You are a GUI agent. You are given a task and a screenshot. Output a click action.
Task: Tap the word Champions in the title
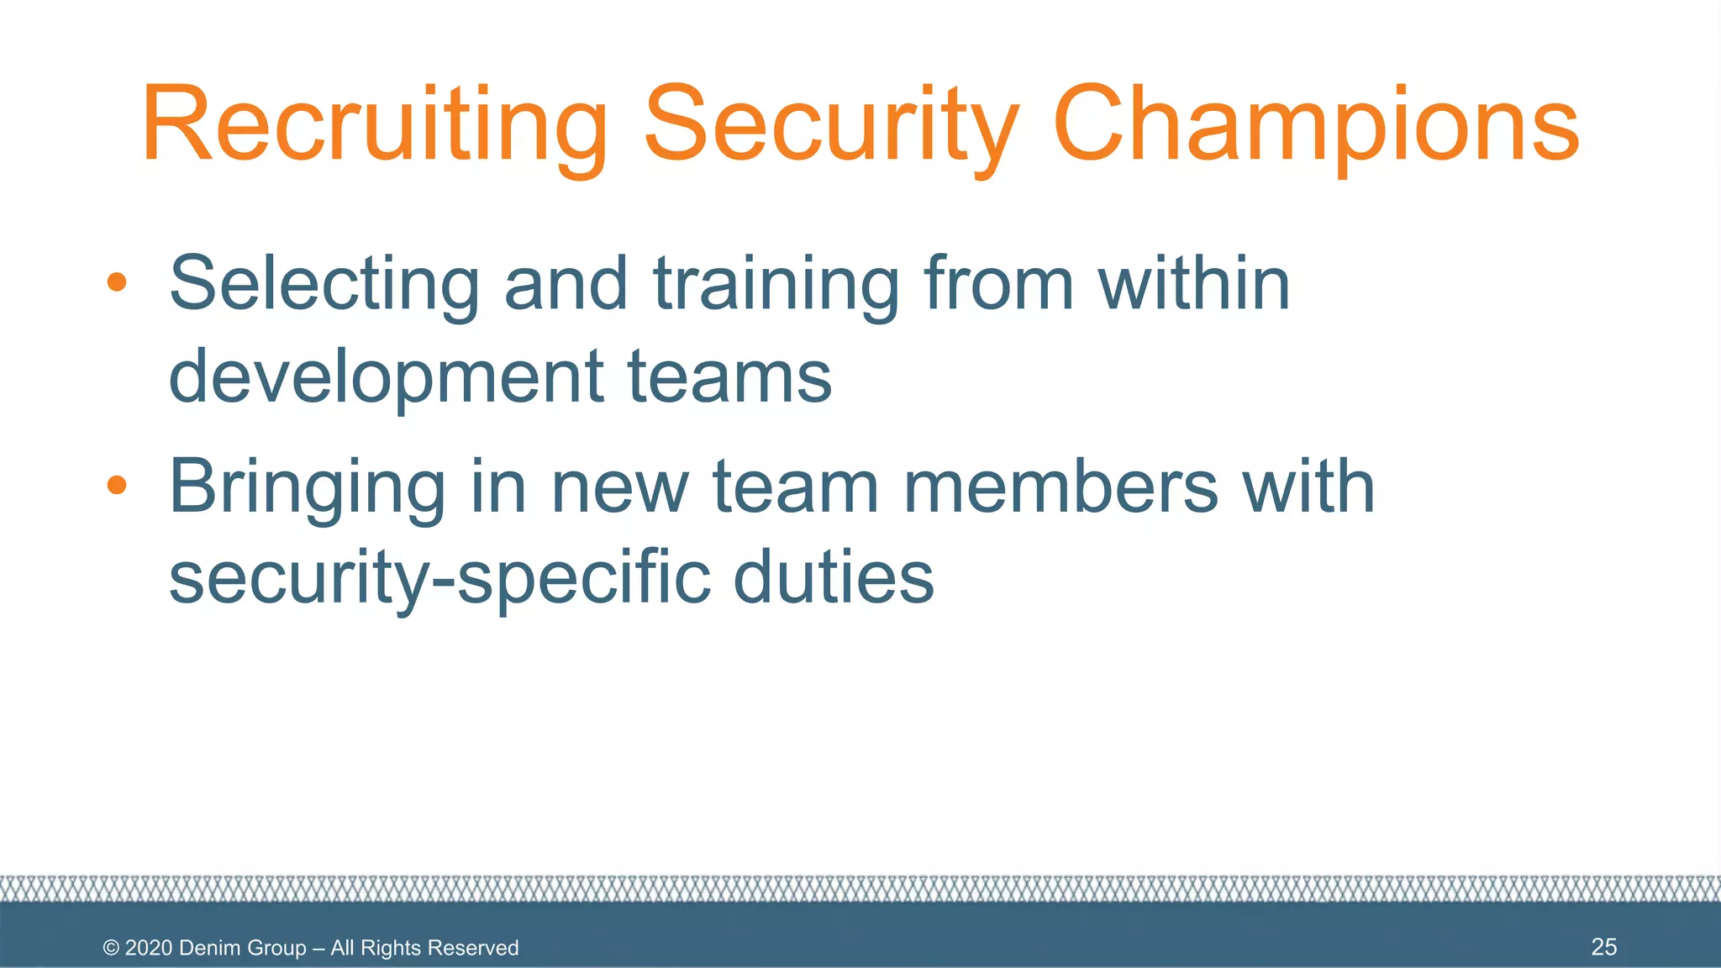[1316, 126]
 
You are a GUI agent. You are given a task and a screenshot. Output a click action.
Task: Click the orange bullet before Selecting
[117, 281]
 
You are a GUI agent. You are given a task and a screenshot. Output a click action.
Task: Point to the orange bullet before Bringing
[117, 485]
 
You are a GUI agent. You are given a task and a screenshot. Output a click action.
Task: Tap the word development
[387, 376]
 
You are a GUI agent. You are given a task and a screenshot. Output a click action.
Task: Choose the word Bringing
[308, 487]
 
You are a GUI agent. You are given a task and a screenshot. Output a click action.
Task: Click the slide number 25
[1603, 947]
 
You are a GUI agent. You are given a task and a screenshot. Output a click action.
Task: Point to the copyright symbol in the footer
[111, 948]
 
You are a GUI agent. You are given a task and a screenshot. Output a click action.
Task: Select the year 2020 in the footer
[149, 948]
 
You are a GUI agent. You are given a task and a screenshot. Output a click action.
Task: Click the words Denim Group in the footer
[243, 948]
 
